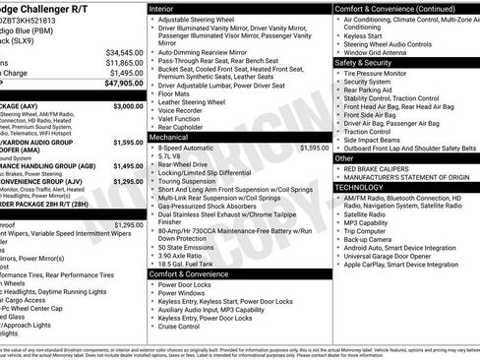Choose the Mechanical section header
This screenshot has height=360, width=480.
169,137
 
